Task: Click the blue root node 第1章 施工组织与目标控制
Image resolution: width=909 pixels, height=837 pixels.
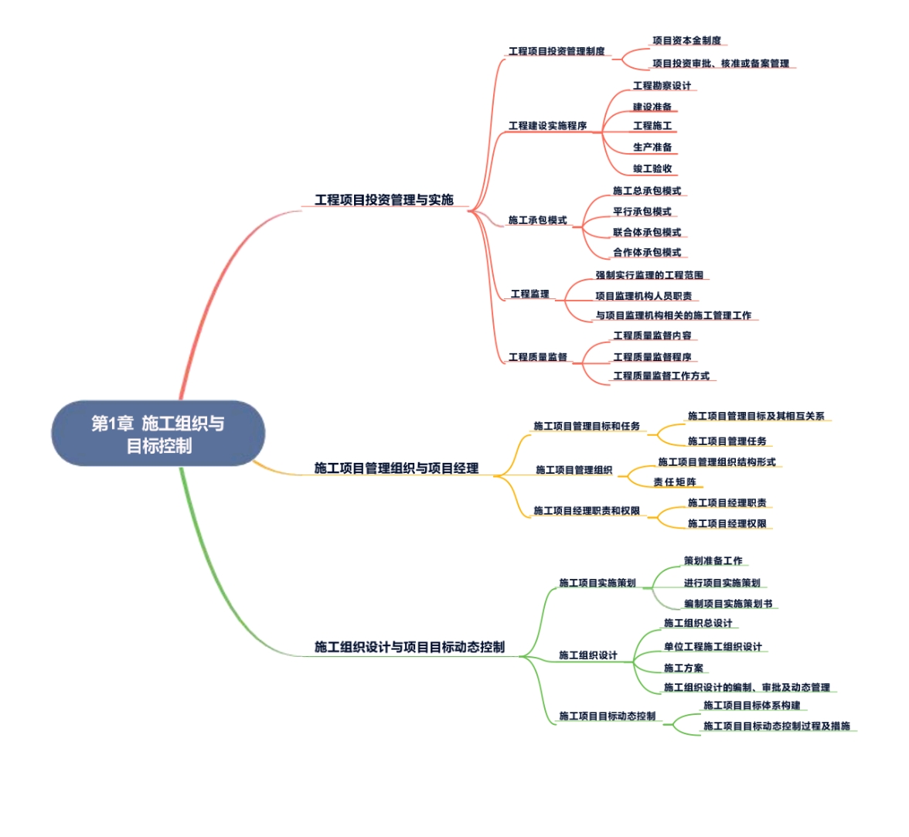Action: click(x=158, y=434)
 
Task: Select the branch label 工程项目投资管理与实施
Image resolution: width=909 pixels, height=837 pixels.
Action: click(x=383, y=199)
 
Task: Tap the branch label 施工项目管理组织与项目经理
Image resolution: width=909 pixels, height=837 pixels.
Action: click(x=396, y=468)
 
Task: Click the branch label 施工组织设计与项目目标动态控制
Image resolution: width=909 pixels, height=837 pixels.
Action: click(x=409, y=647)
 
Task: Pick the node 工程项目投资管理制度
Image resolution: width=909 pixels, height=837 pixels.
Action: click(x=557, y=51)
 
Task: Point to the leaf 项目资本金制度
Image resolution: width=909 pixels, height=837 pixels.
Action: click(x=686, y=40)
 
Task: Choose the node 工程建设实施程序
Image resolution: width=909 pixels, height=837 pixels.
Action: click(x=547, y=125)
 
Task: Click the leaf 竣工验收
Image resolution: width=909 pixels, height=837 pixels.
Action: click(x=652, y=168)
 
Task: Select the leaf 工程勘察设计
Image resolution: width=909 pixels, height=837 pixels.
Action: click(x=662, y=86)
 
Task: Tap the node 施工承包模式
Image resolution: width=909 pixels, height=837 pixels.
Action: click(x=537, y=220)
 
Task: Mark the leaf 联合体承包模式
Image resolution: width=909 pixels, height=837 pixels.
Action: click(x=647, y=232)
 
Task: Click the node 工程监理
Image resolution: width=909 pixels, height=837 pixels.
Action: click(x=529, y=294)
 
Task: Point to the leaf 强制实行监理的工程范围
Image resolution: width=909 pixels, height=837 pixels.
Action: click(x=649, y=275)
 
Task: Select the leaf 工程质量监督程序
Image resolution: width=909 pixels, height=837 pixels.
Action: click(x=652, y=357)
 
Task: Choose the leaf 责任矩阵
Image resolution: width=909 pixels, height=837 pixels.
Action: click(x=674, y=481)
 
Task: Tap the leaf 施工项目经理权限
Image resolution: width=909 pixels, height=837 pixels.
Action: click(x=727, y=523)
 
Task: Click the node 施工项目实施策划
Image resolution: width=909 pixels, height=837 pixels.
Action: click(x=597, y=583)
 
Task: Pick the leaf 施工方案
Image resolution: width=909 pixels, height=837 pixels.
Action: click(x=683, y=668)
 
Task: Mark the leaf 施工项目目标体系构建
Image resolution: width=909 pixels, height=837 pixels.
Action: click(x=751, y=705)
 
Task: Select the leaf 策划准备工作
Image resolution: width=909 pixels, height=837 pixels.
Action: click(x=713, y=561)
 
